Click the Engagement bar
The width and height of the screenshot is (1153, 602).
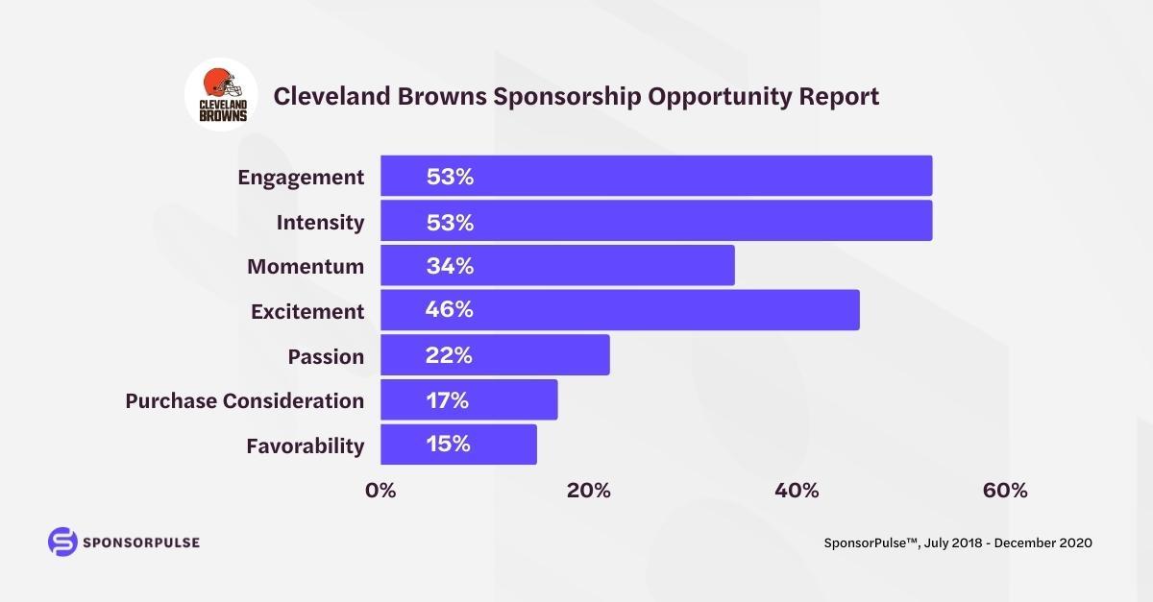(656, 176)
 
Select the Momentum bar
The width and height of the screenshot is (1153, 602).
(557, 265)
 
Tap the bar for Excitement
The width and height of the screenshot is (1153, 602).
(620, 310)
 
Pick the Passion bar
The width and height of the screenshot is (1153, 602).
(495, 355)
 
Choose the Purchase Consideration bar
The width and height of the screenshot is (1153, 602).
(469, 399)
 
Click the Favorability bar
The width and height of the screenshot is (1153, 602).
(458, 445)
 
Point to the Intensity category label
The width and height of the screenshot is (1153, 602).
(320, 223)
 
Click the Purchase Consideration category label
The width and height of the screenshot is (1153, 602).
(244, 400)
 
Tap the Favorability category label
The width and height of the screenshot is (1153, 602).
(305, 445)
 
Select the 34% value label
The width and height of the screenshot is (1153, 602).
(450, 266)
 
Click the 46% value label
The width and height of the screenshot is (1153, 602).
(450, 310)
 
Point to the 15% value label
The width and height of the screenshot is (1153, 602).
(447, 445)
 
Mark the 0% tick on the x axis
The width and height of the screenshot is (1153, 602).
(380, 491)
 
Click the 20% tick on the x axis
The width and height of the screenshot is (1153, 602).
(588, 491)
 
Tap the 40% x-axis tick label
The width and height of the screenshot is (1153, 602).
(797, 491)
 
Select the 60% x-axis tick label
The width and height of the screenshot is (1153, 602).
(1005, 491)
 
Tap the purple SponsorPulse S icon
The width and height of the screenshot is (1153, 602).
(61, 542)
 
